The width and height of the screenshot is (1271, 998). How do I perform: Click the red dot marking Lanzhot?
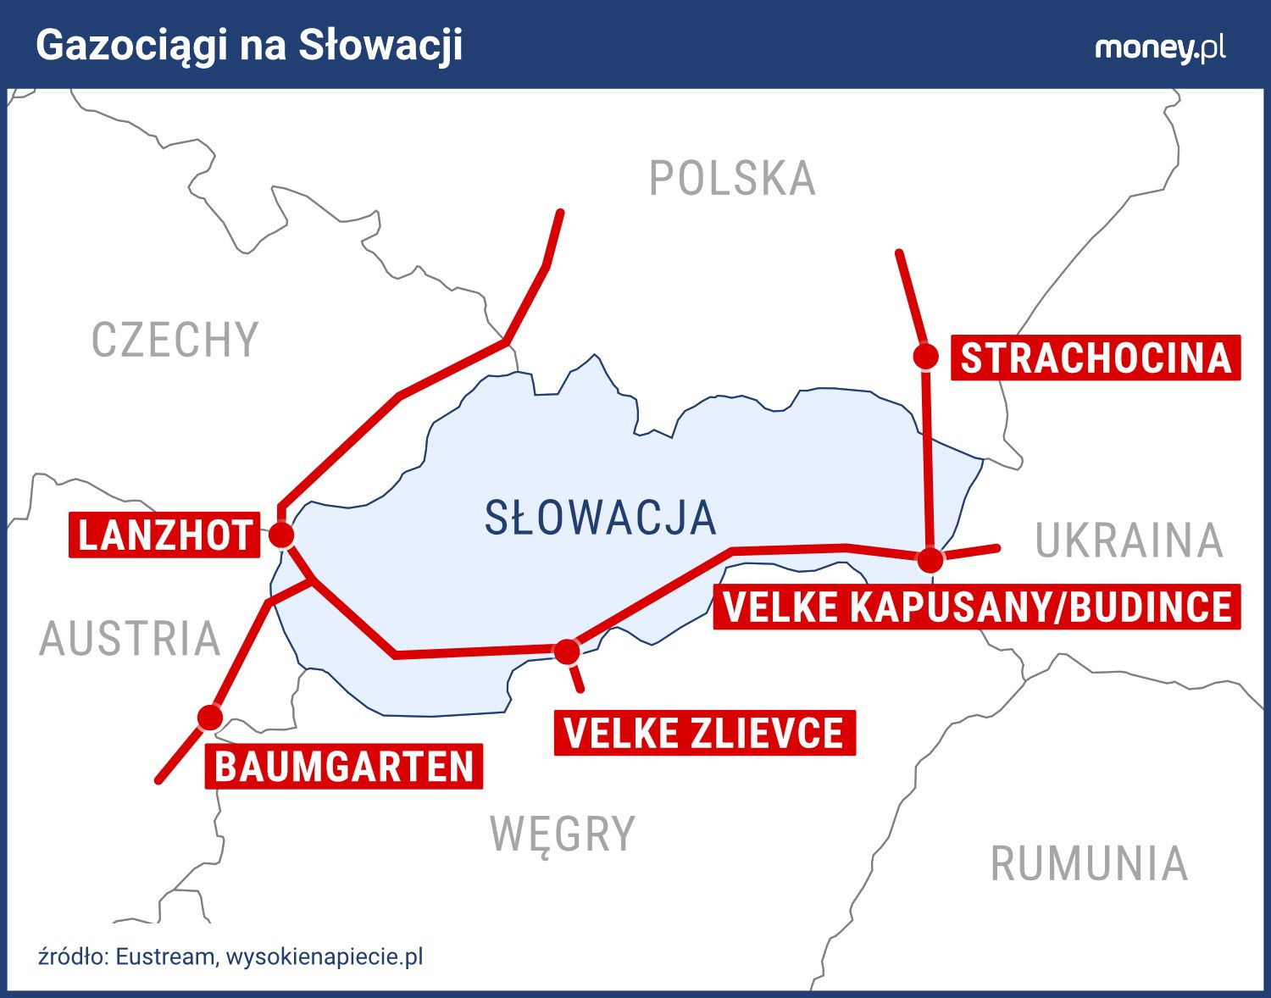pyautogui.click(x=281, y=535)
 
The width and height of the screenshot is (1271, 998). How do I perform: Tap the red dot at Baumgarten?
pyautogui.click(x=209, y=718)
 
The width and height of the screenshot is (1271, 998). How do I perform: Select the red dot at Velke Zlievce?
pyautogui.click(x=566, y=651)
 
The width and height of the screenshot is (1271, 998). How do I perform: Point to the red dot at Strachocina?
pyautogui.click(x=926, y=357)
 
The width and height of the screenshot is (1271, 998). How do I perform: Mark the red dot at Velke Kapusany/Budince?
pyautogui.click(x=930, y=559)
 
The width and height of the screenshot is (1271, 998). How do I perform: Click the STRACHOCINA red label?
pyautogui.click(x=1096, y=358)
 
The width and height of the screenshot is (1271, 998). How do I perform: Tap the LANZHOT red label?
pyautogui.click(x=164, y=535)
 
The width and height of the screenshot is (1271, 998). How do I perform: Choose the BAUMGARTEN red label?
pyautogui.click(x=344, y=767)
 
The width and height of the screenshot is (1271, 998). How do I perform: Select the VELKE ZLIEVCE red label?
pyautogui.click(x=704, y=733)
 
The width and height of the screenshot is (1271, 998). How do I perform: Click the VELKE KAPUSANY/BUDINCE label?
pyautogui.click(x=977, y=607)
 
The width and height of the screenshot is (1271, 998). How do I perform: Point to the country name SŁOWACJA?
pyautogui.click(x=600, y=518)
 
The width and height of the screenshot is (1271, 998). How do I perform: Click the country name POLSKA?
pyautogui.click(x=732, y=179)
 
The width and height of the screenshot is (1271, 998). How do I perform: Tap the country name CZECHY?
pyautogui.click(x=175, y=341)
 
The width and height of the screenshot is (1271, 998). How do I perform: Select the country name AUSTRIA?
pyautogui.click(x=130, y=639)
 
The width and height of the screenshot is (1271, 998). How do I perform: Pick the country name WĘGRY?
pyautogui.click(x=563, y=834)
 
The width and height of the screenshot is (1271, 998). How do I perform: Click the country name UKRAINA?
pyautogui.click(x=1129, y=541)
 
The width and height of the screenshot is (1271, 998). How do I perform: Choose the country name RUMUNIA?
pyautogui.click(x=1089, y=864)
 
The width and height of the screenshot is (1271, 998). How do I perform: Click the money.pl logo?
pyautogui.click(x=1160, y=47)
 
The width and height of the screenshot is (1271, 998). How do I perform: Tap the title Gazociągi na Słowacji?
pyautogui.click(x=249, y=46)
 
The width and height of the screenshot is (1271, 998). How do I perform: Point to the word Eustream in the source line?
pyautogui.click(x=165, y=956)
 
